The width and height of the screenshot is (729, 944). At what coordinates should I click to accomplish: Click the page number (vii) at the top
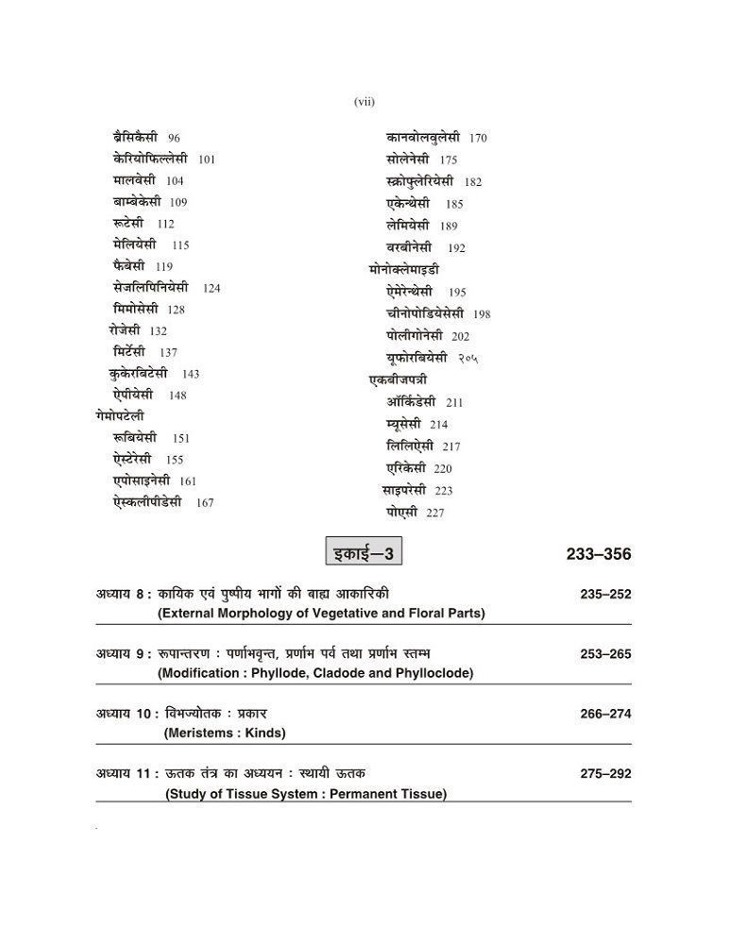(x=364, y=102)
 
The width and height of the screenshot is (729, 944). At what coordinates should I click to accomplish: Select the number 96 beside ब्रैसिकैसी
(x=174, y=138)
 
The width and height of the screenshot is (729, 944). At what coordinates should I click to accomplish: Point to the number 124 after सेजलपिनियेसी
(x=212, y=288)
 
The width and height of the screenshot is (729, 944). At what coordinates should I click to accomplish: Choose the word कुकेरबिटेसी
(x=139, y=373)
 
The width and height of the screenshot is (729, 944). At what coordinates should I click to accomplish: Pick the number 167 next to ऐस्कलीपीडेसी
(x=205, y=503)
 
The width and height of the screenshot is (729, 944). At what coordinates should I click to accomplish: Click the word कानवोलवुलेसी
(x=422, y=138)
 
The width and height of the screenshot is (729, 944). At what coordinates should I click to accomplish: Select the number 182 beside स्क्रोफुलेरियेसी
(x=473, y=182)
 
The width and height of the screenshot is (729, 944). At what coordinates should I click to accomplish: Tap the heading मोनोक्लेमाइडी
(x=404, y=270)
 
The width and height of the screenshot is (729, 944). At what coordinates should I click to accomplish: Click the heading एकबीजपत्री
(x=397, y=379)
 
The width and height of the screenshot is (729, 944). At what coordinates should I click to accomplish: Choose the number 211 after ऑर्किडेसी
(x=454, y=403)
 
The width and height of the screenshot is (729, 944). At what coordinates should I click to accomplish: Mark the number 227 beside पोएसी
(x=434, y=513)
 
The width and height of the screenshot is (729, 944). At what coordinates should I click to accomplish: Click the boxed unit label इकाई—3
(x=364, y=551)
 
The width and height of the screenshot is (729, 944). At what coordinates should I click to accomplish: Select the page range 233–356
(x=599, y=554)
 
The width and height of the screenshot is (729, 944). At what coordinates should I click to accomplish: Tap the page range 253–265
(x=605, y=654)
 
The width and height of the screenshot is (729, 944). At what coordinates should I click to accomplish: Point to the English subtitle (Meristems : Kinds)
(x=225, y=733)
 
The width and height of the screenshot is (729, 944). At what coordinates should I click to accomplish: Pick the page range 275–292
(x=605, y=774)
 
